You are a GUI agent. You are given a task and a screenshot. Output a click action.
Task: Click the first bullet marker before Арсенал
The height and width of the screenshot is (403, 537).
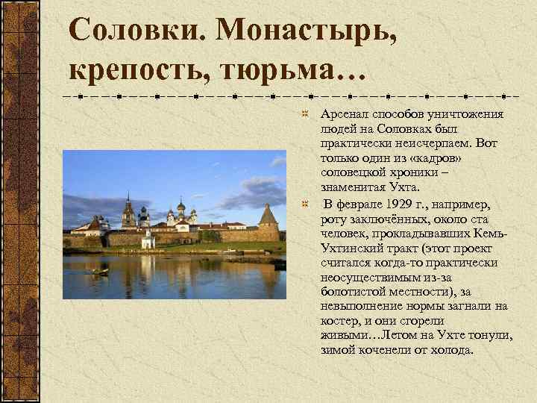[x=304, y=115]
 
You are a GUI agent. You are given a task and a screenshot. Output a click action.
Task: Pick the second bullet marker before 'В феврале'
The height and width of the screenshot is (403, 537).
[x=304, y=204]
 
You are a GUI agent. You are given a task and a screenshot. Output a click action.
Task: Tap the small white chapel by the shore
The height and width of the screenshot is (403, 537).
[x=148, y=240]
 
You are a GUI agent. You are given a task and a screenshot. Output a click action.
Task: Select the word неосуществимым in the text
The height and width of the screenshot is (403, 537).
[x=367, y=277]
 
